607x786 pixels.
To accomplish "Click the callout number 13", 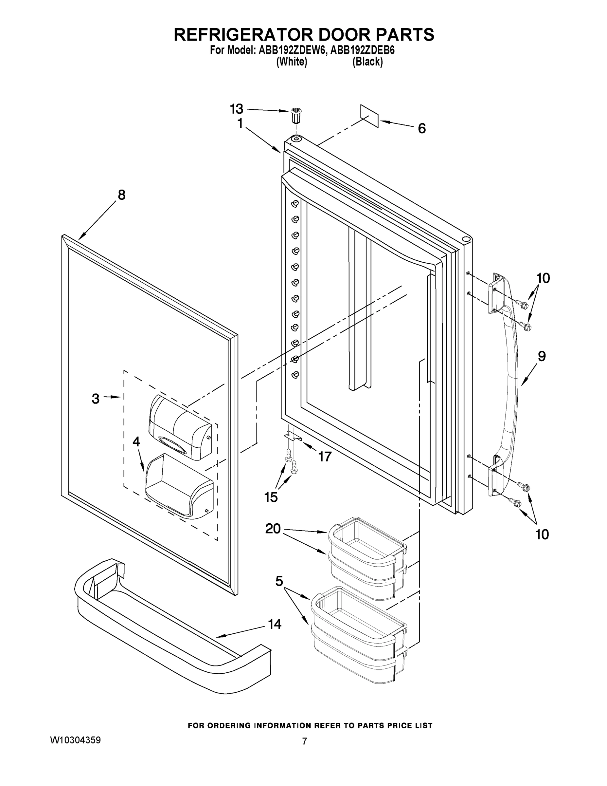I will pyautogui.click(x=237, y=108).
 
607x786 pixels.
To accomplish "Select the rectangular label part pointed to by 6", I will pyautogui.click(x=370, y=116).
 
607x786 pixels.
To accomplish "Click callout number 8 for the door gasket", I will pyautogui.click(x=121, y=195).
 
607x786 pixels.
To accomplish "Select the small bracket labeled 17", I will pyautogui.click(x=293, y=436).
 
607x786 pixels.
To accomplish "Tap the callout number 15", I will pyautogui.click(x=271, y=497).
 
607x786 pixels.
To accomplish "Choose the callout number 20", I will pyautogui.click(x=273, y=529).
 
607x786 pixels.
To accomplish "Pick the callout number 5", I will pyautogui.click(x=279, y=581).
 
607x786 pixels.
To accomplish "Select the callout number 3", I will pyautogui.click(x=95, y=398).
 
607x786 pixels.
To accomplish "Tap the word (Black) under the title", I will pyautogui.click(x=367, y=62).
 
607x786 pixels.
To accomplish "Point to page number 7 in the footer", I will pyautogui.click(x=304, y=741).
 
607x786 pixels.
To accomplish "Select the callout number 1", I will pyautogui.click(x=240, y=123).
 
